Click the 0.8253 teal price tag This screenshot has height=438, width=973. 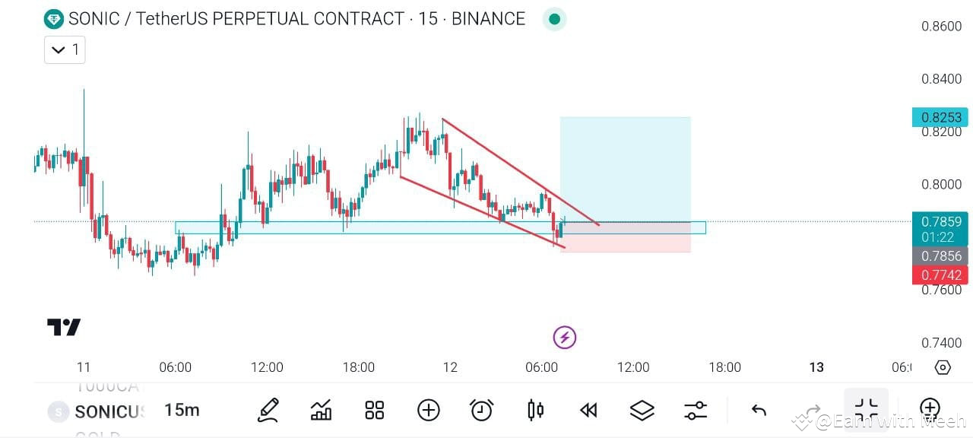(940, 117)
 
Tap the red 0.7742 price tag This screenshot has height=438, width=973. (940, 275)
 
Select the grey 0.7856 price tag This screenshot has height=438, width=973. (940, 256)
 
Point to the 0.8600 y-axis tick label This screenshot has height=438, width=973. (941, 26)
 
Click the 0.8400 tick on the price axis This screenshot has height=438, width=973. (941, 79)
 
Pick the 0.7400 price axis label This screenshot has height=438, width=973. (941, 343)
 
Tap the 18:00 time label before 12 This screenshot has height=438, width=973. (358, 367)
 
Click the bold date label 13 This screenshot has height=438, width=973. (816, 367)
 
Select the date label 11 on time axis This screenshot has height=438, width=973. (84, 367)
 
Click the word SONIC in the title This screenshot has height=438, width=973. (93, 19)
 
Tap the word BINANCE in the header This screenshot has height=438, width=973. (488, 19)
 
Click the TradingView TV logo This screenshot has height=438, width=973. (64, 328)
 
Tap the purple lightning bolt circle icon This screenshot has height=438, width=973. (564, 337)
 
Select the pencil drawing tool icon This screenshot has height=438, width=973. (268, 411)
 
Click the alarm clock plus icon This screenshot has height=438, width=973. (481, 411)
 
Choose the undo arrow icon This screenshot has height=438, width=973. (758, 411)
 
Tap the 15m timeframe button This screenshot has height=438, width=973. (182, 411)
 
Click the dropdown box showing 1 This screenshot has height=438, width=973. (65, 50)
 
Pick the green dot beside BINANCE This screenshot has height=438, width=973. (554, 19)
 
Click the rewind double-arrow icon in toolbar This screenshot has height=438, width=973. (588, 411)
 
